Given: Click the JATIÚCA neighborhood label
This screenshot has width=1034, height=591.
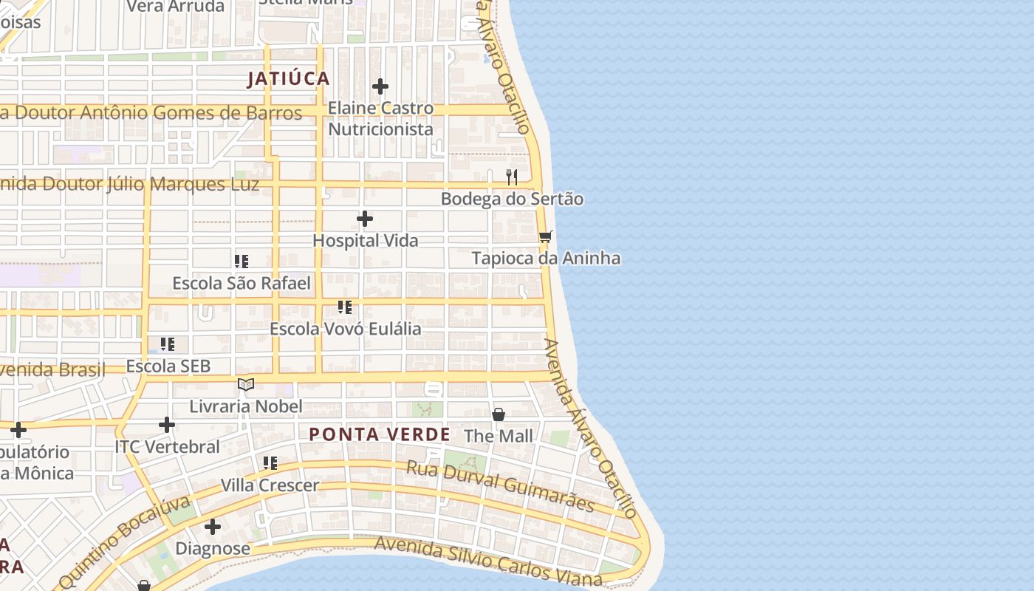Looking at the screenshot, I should tap(288, 79).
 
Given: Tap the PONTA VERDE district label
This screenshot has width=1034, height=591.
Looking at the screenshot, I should tap(379, 434).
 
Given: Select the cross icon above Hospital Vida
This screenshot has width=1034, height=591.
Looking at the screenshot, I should tap(365, 219).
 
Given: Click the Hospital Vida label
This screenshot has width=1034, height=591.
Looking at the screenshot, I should tap(365, 240).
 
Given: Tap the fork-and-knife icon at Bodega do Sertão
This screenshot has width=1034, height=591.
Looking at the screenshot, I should tap(511, 177).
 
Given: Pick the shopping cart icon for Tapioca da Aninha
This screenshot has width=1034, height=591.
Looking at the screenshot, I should tap(545, 236).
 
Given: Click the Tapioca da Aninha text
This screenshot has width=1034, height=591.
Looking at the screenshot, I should tap(546, 258).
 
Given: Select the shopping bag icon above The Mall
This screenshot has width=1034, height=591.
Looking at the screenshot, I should tap(499, 414).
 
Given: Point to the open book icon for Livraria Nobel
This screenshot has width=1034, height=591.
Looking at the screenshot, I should tap(246, 384).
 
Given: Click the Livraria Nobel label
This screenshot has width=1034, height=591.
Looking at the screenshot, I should tap(246, 406).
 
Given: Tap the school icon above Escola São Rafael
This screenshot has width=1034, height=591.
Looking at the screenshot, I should tap(242, 262).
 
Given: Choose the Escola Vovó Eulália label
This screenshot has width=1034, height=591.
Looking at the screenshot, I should tap(345, 328).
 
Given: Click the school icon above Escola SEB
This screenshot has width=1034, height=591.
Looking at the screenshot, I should tap(168, 344).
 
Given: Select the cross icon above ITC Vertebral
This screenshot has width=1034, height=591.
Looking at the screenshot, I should tap(167, 425).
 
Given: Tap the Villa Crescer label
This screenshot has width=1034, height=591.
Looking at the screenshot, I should tap(270, 485).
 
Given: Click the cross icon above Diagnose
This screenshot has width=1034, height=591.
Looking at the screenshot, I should tap(213, 527).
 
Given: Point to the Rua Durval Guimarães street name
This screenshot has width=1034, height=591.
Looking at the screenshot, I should tap(501, 485).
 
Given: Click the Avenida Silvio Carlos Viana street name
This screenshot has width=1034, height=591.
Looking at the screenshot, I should tap(487, 560).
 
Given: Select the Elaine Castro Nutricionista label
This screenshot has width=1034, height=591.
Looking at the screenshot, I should tap(380, 118).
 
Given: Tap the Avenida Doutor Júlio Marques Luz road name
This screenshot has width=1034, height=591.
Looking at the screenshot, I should tap(129, 184).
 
